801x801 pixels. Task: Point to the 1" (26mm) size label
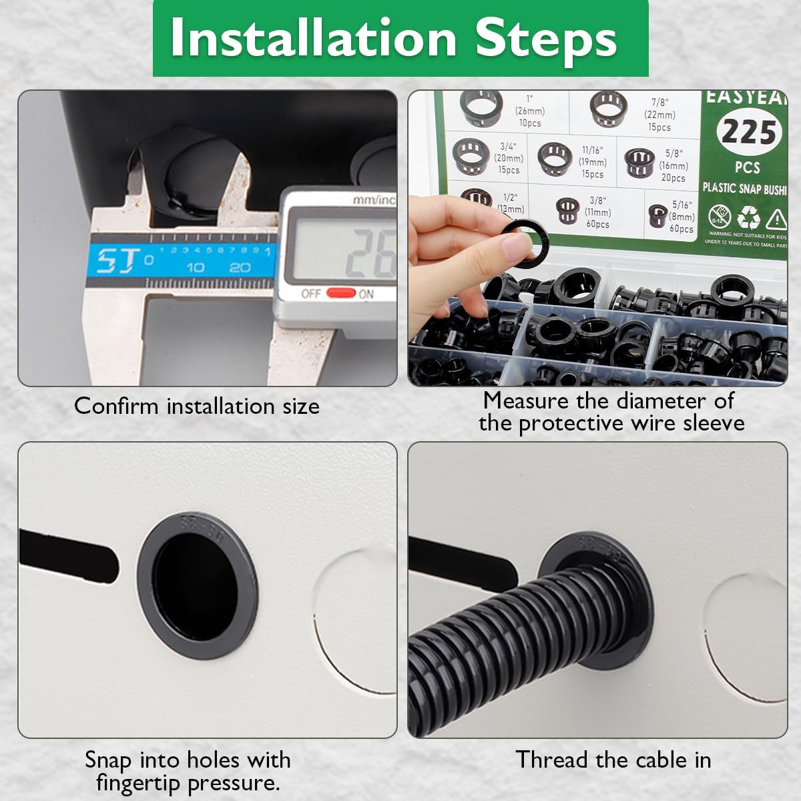530,111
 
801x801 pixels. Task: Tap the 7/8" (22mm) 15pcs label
659,114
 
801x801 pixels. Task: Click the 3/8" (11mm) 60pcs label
597,212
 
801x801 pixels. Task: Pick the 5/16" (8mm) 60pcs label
682,216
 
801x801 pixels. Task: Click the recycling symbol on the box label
748,218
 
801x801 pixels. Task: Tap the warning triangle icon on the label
777,218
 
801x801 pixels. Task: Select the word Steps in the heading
545,38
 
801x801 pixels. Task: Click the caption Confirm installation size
197,406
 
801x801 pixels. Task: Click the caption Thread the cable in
613,760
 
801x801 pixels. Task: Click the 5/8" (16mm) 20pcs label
673,166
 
